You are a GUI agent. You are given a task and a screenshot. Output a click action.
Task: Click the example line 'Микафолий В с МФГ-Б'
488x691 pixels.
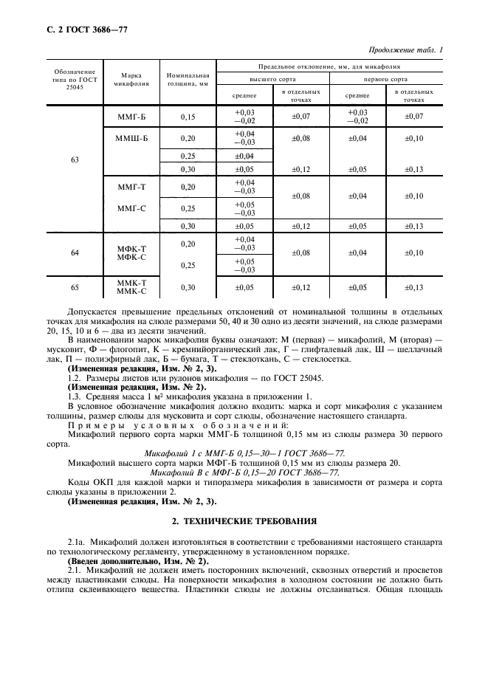pos(244,472)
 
